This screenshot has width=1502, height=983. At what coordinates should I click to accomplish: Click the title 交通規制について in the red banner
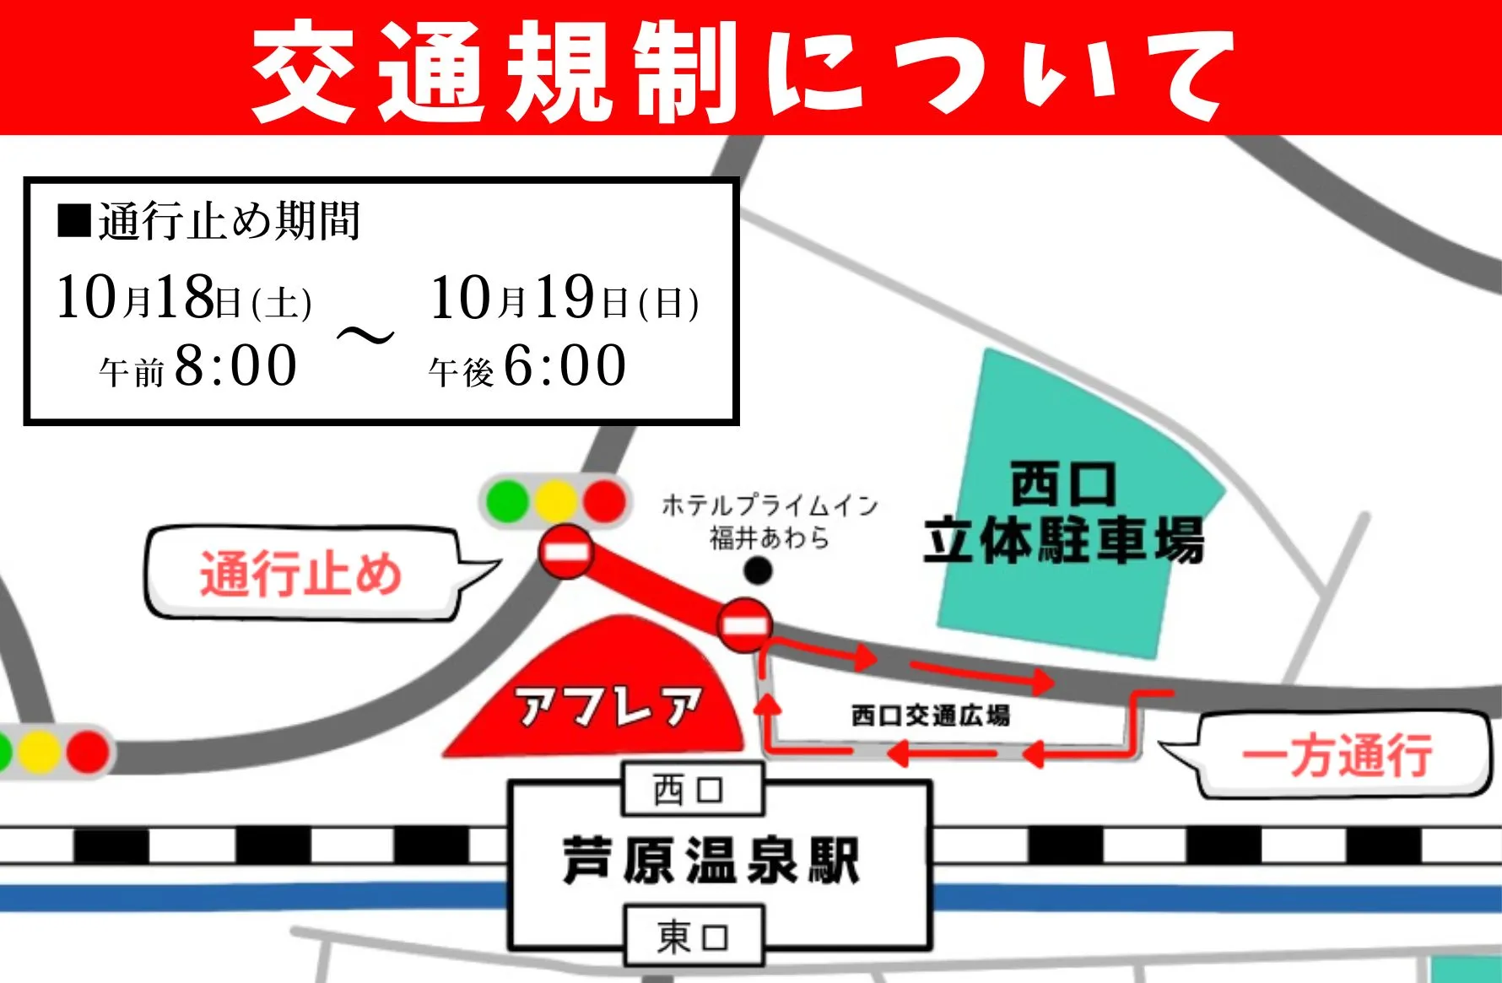click(743, 71)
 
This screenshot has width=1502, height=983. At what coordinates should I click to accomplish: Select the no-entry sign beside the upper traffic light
click(566, 552)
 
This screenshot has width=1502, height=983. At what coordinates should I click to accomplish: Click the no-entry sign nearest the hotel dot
click(744, 625)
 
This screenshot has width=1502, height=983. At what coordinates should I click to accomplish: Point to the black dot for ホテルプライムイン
click(758, 571)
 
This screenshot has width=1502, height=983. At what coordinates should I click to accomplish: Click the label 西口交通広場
click(930, 716)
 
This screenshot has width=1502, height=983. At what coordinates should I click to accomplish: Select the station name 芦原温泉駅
click(710, 861)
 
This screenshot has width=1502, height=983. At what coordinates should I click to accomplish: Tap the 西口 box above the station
click(691, 790)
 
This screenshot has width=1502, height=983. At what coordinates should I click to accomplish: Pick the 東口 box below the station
click(693, 936)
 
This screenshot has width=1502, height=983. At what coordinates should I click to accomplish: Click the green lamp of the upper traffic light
click(507, 501)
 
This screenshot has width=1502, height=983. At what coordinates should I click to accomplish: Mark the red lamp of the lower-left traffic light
click(88, 750)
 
